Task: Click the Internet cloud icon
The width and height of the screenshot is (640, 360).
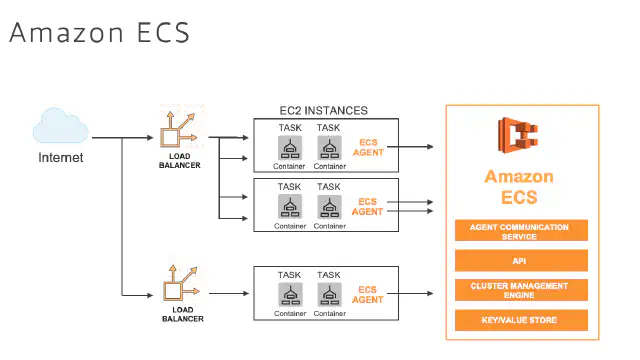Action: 60,125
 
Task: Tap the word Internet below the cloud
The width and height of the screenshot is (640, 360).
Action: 60,158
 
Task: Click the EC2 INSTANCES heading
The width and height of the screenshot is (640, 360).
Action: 323,111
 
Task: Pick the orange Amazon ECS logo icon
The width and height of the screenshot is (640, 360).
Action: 518,135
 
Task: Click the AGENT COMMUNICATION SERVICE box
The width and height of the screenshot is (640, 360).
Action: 521,231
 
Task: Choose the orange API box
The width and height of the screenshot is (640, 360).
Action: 521,260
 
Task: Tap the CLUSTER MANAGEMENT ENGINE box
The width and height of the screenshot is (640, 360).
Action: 521,290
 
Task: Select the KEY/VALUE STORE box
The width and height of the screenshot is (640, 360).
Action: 521,320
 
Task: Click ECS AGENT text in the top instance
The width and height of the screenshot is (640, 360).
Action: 368,147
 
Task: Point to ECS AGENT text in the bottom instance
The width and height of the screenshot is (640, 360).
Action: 367,295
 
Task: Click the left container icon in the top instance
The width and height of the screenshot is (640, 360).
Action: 290,148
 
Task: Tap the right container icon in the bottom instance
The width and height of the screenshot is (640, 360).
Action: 329,295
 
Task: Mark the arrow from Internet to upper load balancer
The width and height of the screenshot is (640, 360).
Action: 122,138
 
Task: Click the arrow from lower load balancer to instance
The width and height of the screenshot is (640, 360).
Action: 229,293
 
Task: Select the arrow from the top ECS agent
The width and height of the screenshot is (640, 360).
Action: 410,147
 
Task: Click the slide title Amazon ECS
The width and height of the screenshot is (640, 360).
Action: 100,33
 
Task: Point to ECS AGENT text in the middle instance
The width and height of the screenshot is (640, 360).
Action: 367,207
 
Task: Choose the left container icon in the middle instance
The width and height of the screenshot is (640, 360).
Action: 290,207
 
